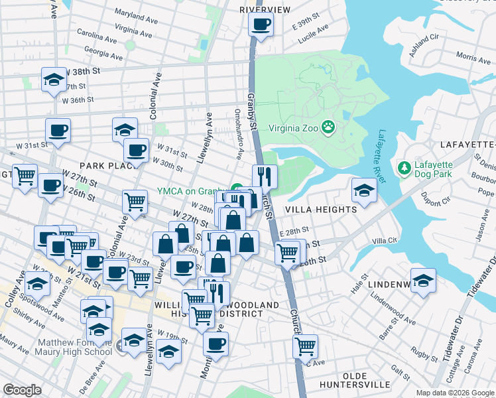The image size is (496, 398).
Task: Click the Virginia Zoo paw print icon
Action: click(x=328, y=126)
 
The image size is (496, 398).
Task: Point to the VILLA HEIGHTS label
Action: click(x=320, y=209)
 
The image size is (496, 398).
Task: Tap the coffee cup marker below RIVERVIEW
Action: click(x=260, y=26)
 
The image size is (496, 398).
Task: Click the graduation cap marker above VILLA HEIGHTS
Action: click(x=364, y=190)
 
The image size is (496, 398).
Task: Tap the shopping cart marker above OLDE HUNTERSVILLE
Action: click(x=305, y=346)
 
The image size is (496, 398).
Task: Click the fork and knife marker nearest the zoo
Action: click(x=265, y=176)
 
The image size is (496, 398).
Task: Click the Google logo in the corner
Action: click(x=23, y=390)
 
